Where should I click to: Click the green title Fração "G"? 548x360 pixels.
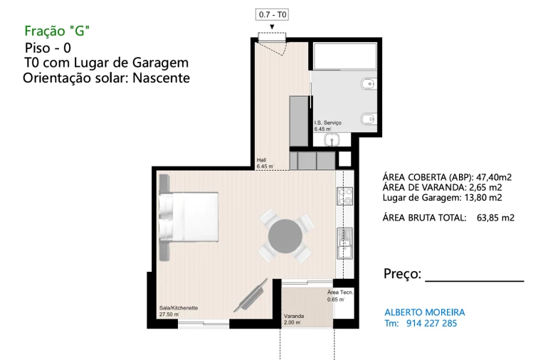pyautogui.click(x=57, y=31)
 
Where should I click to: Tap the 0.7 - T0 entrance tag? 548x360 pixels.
pyautogui.click(x=272, y=14)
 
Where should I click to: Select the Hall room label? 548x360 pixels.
pyautogui.click(x=261, y=160)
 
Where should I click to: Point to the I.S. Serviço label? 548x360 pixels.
pyautogui.click(x=328, y=123)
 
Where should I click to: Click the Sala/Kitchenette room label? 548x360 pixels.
pyautogui.click(x=179, y=308)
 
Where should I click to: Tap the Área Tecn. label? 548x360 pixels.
pyautogui.click(x=340, y=292)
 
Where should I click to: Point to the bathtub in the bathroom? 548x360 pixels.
pyautogui.click(x=344, y=58)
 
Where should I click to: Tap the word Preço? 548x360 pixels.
pyautogui.click(x=402, y=275)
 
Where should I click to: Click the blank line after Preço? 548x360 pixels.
pyautogui.click(x=474, y=280)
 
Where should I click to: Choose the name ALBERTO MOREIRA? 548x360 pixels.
pyautogui.click(x=424, y=312)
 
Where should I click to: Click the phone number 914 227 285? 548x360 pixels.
pyautogui.click(x=431, y=323)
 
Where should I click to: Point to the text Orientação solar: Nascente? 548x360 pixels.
pyautogui.click(x=107, y=78)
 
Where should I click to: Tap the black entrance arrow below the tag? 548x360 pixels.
pyautogui.click(x=272, y=27)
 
